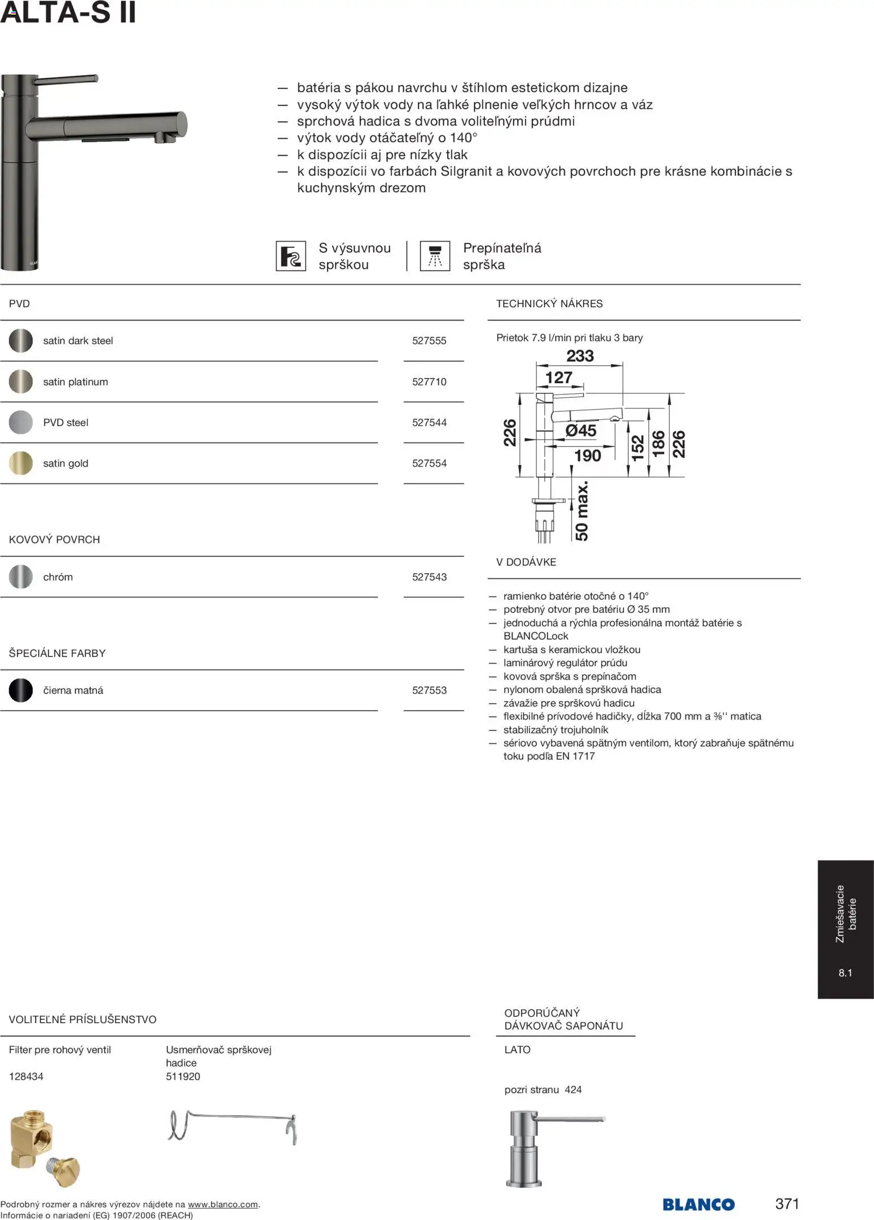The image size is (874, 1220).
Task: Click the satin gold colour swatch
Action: [x=21, y=463]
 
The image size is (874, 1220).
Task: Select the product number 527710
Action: [x=429, y=382]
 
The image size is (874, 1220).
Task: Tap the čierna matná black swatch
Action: [x=21, y=690]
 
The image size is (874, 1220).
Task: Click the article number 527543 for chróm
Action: [x=429, y=577]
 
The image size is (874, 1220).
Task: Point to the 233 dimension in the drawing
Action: [x=580, y=356]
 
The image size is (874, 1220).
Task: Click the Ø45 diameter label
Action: [x=580, y=431]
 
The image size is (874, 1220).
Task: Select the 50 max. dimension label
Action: [x=581, y=511]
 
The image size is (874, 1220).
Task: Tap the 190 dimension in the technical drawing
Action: [x=587, y=455]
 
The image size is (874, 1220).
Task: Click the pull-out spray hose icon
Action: [x=291, y=256]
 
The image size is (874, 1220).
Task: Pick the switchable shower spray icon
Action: [x=435, y=256]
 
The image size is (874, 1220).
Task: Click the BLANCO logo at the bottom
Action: [x=699, y=1204]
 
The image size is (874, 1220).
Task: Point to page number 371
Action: [x=787, y=1204]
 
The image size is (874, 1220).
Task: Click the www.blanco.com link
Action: [x=223, y=1205]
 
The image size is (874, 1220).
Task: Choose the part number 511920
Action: [x=183, y=1076]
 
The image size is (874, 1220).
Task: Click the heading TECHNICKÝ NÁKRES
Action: [x=549, y=304]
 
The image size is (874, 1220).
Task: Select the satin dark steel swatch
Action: [x=21, y=341]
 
